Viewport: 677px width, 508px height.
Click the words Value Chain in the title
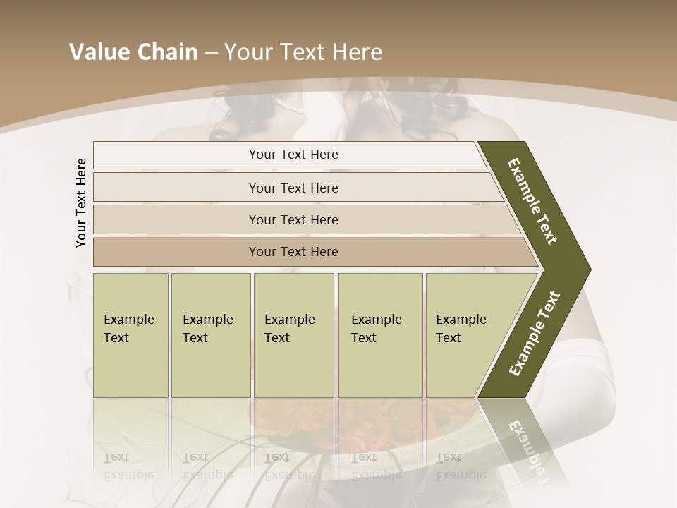click(x=133, y=52)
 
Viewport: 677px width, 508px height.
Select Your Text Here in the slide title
click(x=303, y=52)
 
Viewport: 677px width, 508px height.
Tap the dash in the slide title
click(x=211, y=53)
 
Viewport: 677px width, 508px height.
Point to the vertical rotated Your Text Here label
click(x=81, y=202)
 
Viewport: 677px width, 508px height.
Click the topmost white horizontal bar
click(x=289, y=155)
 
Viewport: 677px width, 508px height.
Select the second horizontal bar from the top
click(x=293, y=188)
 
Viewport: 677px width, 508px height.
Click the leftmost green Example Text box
click(x=130, y=334)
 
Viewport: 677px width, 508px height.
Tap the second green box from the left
click(x=210, y=334)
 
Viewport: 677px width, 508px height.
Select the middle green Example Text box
click(x=293, y=334)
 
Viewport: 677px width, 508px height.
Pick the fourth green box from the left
click(x=380, y=334)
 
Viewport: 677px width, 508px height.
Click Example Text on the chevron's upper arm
click(x=532, y=201)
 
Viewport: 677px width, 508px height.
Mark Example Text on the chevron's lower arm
click(x=534, y=334)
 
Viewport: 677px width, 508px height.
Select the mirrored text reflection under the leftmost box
click(x=130, y=466)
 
